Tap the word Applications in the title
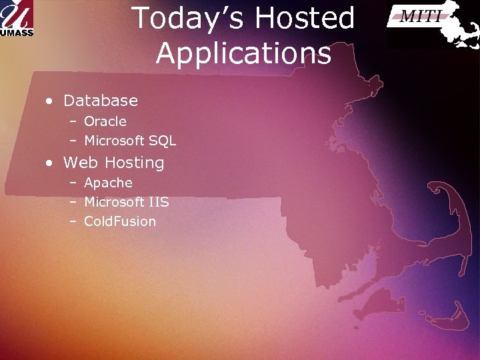[243, 53]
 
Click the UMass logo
[17, 19]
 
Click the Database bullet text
[100, 101]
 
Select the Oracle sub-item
[105, 121]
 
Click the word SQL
[163, 141]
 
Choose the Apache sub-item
[108, 183]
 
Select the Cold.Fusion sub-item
[120, 221]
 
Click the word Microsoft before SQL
[115, 141]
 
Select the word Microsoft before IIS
[115, 202]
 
